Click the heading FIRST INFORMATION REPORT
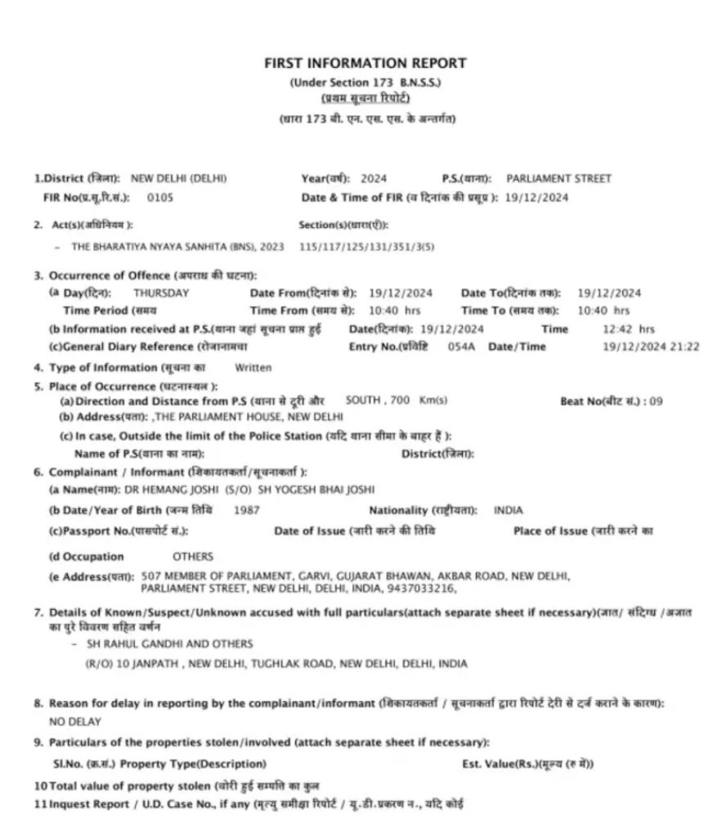pyautogui.click(x=365, y=63)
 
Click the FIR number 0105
pyautogui.click(x=160, y=197)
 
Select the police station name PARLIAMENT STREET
pyautogui.click(x=558, y=178)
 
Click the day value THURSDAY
pyautogui.click(x=162, y=293)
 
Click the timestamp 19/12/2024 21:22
pyautogui.click(x=651, y=347)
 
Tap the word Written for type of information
pyautogui.click(x=253, y=368)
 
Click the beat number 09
pyautogui.click(x=655, y=401)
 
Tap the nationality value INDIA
pyautogui.click(x=508, y=510)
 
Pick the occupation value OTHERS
pyautogui.click(x=192, y=556)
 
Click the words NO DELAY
pyautogui.click(x=75, y=722)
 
